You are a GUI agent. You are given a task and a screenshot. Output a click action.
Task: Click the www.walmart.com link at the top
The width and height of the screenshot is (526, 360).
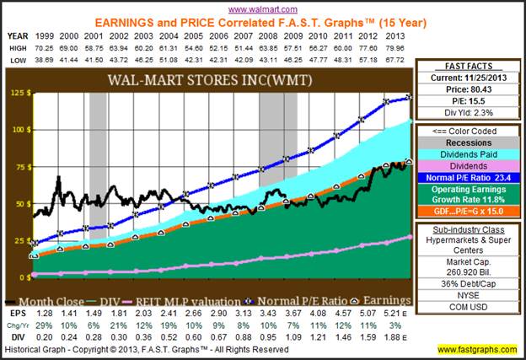tap(263, 8)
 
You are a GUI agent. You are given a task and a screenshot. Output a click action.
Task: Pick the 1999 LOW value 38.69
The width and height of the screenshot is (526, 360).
tap(44, 62)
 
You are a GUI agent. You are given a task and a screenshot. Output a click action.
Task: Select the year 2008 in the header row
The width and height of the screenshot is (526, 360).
tap(270, 36)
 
